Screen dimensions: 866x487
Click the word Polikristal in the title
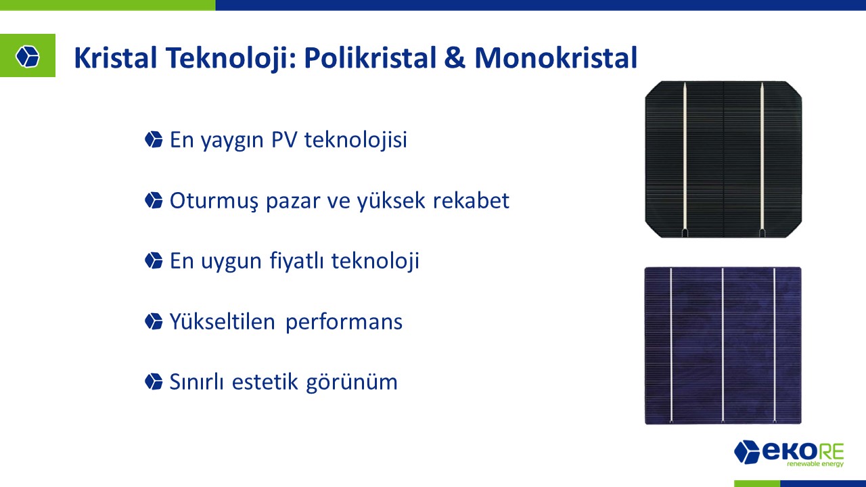[370, 58]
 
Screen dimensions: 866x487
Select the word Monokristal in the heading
[555, 58]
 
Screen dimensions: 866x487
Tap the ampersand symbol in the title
[455, 58]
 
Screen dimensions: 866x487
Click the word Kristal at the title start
[115, 58]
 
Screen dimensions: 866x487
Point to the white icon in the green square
[28, 56]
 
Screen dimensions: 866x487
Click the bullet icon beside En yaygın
[154, 139]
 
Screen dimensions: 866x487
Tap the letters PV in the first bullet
[283, 139]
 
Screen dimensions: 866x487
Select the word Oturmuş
[214, 201]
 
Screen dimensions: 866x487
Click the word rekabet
[471, 200]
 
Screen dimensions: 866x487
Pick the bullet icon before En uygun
[154, 260]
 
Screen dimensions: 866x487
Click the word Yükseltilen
[223, 321]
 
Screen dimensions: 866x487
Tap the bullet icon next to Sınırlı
[154, 381]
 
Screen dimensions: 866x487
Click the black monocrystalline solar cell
[723, 159]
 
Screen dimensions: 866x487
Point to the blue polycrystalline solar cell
[723, 346]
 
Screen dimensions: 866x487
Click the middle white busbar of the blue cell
[723, 346]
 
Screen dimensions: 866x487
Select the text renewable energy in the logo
[815, 463]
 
